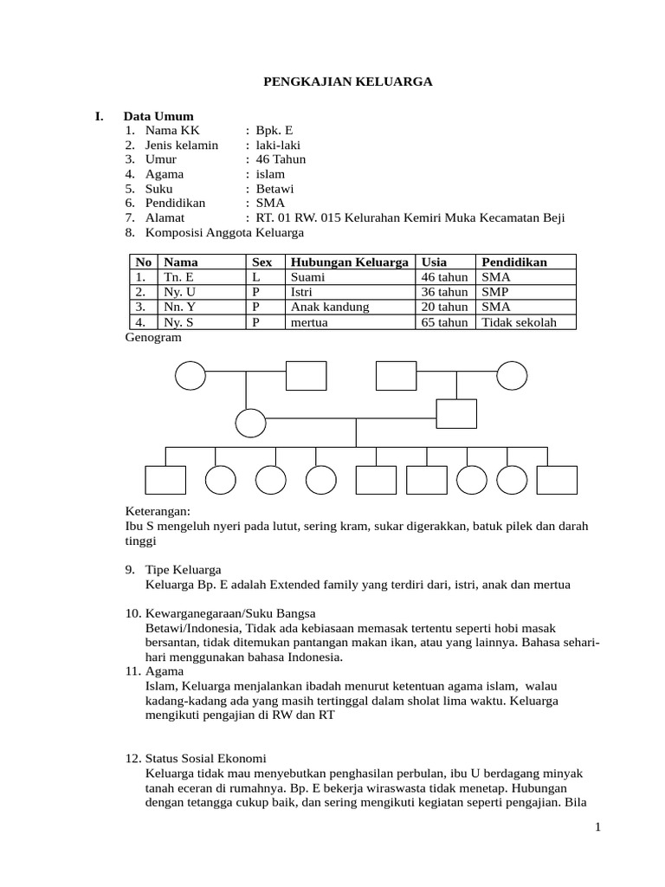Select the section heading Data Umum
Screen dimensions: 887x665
click(x=158, y=116)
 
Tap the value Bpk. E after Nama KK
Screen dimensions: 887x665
click(x=274, y=131)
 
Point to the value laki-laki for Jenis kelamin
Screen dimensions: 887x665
click(x=278, y=145)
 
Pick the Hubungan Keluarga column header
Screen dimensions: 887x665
click(x=349, y=262)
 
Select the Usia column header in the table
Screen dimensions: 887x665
click(x=434, y=262)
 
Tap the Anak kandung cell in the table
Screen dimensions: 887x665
click(x=330, y=307)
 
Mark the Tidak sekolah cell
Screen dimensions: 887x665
click(x=519, y=322)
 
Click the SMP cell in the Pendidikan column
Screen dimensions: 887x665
click(x=496, y=292)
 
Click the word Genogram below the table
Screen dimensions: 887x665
click(x=153, y=338)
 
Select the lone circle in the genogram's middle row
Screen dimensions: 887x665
click(x=251, y=423)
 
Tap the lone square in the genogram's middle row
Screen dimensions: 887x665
click(x=456, y=413)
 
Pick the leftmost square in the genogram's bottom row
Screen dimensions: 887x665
click(x=165, y=480)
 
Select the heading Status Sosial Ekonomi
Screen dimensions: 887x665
click(x=207, y=758)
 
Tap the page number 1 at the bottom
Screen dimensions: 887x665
click(x=597, y=828)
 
